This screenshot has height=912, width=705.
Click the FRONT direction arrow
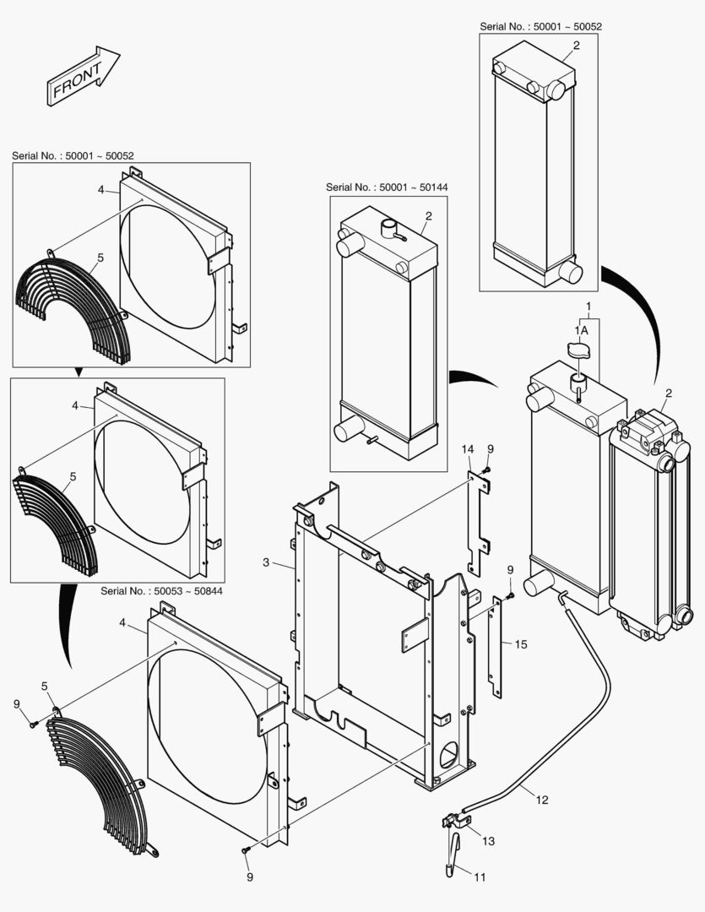tap(81, 76)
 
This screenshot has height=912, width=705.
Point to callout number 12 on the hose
tap(541, 799)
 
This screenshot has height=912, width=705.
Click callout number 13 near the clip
tap(489, 841)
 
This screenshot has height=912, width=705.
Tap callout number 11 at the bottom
tap(479, 877)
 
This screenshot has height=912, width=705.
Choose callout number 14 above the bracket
tap(469, 451)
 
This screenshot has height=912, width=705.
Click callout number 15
tap(521, 644)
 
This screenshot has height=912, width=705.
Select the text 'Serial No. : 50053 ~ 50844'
tap(161, 591)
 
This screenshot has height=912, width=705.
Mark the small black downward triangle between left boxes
tap(79, 372)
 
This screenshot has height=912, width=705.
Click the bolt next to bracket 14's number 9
tap(487, 470)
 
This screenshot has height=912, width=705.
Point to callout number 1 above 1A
tap(588, 304)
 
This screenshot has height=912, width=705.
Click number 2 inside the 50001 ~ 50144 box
tap(428, 216)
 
